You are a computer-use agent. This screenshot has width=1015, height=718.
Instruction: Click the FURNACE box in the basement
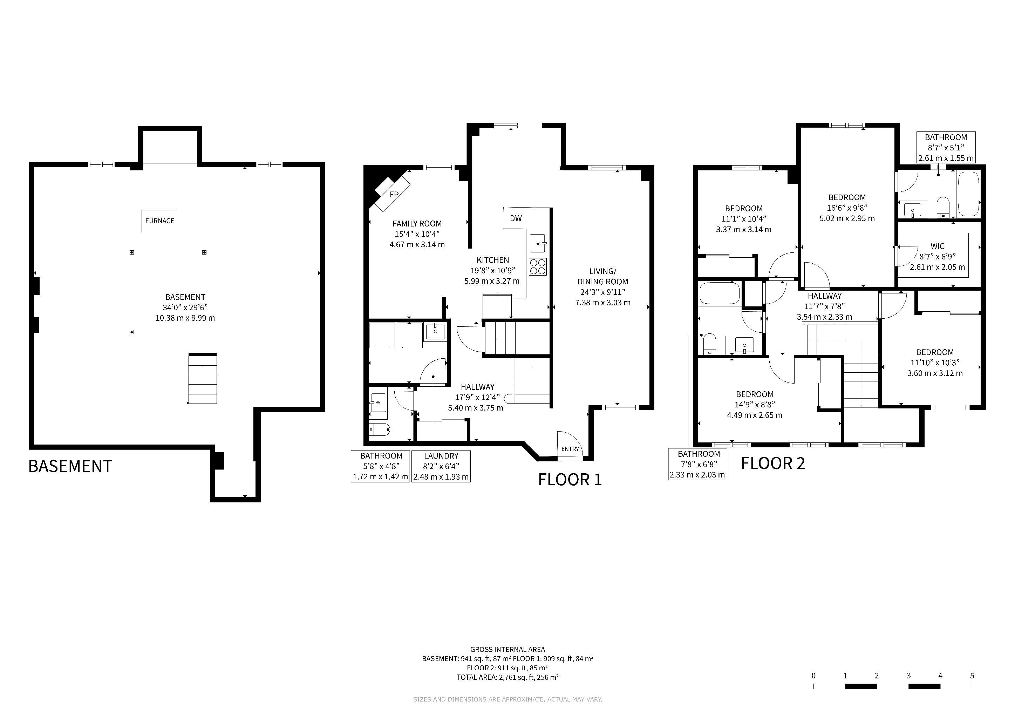pos(159,221)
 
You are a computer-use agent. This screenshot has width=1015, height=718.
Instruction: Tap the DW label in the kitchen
pos(516,218)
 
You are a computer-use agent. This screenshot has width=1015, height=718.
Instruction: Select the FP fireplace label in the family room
pos(394,194)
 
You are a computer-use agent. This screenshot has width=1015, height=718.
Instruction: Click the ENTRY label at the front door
pos(570,449)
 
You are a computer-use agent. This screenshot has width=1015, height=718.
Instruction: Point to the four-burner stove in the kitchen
pos(538,266)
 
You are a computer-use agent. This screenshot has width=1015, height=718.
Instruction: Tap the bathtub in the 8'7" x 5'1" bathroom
pos(968,194)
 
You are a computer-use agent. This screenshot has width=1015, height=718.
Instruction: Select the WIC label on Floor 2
pos(937,246)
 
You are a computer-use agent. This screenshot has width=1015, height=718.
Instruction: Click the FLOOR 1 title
pos(570,480)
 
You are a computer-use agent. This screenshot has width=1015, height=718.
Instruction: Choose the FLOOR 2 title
pos(773,463)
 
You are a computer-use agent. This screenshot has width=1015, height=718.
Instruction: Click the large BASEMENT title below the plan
pos(70,466)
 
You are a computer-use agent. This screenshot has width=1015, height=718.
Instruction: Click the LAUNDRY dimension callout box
pos(441,466)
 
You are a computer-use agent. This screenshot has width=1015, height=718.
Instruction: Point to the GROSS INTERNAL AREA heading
pos(507,650)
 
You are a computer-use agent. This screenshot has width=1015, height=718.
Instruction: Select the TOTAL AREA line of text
pos(507,677)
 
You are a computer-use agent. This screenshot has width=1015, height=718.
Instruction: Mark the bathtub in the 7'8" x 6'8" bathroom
pos(719,293)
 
